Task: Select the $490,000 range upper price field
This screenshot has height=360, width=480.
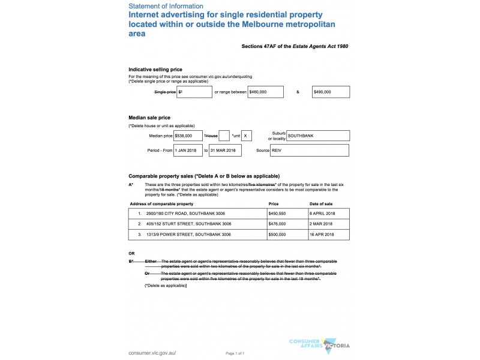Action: coord(331,92)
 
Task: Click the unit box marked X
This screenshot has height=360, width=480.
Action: coord(247,136)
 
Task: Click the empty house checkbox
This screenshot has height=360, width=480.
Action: coord(224,136)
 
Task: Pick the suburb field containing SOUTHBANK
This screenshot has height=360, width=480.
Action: coord(317,136)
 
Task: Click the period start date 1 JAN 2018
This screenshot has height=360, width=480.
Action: coord(188,150)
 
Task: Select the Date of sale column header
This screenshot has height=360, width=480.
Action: coord(322,203)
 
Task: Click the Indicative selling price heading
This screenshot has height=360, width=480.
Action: coord(155,70)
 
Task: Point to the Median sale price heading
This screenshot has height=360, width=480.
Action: coord(149,117)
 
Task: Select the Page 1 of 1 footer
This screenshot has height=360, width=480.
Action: coord(235,353)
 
